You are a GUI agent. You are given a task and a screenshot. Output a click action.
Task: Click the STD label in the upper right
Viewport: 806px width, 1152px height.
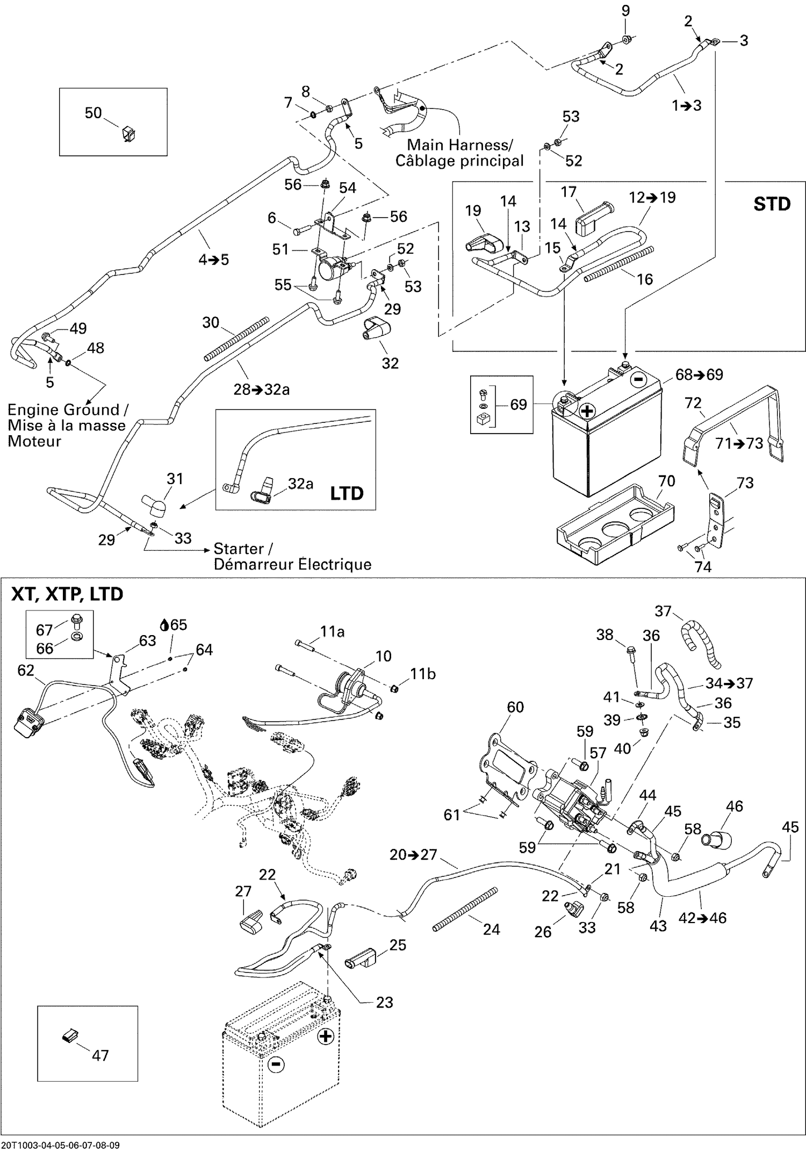tap(772, 204)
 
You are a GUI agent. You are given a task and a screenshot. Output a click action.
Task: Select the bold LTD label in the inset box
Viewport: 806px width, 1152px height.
tap(347, 493)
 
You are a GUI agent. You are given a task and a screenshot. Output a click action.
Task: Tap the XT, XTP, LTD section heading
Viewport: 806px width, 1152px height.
tap(67, 594)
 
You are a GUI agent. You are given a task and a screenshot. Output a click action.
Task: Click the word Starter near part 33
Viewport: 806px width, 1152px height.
tap(239, 549)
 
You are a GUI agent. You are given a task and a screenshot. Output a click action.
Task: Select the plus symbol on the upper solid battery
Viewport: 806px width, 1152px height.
tap(587, 411)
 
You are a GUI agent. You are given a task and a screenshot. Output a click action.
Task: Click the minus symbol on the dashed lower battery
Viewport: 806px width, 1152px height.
tap(275, 1064)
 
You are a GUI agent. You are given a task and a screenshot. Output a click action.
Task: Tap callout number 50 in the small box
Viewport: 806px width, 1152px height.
tap(93, 113)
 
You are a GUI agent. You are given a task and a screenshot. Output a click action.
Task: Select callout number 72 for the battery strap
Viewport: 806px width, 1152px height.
tap(693, 402)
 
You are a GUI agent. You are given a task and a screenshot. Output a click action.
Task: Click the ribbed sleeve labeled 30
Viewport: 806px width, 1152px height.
tap(236, 339)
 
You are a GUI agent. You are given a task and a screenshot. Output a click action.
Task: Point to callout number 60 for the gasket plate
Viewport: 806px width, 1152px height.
tap(515, 707)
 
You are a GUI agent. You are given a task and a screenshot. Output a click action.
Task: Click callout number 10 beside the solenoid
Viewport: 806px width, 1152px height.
tap(383, 656)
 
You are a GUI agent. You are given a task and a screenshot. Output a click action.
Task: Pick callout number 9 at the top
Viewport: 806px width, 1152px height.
tap(625, 11)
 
